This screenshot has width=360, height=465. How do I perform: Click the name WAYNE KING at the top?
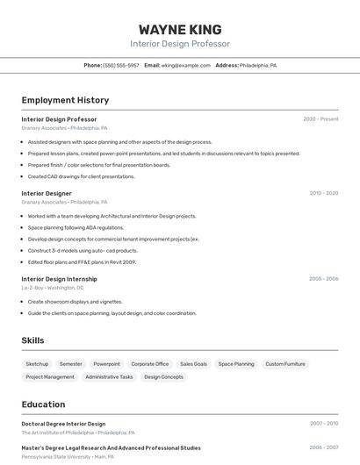(x=180, y=30)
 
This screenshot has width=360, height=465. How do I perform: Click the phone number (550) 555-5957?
(x=121, y=65)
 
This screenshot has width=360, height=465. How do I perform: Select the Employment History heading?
(x=65, y=100)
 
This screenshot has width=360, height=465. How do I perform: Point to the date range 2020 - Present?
(x=320, y=119)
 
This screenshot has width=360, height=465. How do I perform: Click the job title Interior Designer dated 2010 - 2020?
(x=47, y=193)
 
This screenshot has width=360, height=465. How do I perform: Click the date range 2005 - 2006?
(x=323, y=279)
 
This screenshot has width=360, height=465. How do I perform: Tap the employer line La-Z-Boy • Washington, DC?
(x=53, y=288)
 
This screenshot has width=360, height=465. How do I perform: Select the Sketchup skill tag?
(x=37, y=364)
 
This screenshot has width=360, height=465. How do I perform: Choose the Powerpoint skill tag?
(x=106, y=364)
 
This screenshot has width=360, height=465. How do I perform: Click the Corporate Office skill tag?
(x=149, y=364)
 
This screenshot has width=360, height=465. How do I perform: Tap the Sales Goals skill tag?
(x=193, y=364)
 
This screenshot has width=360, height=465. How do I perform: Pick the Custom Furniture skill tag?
(x=285, y=364)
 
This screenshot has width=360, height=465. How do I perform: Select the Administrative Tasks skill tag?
(x=109, y=377)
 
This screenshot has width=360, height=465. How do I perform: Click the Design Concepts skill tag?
(x=163, y=377)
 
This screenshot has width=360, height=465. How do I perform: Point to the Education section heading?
(x=43, y=404)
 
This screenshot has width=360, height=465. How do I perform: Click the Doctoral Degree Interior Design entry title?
(x=63, y=424)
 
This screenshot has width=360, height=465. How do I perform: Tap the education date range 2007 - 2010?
(x=323, y=424)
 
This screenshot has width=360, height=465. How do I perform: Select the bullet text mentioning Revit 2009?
(x=82, y=261)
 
